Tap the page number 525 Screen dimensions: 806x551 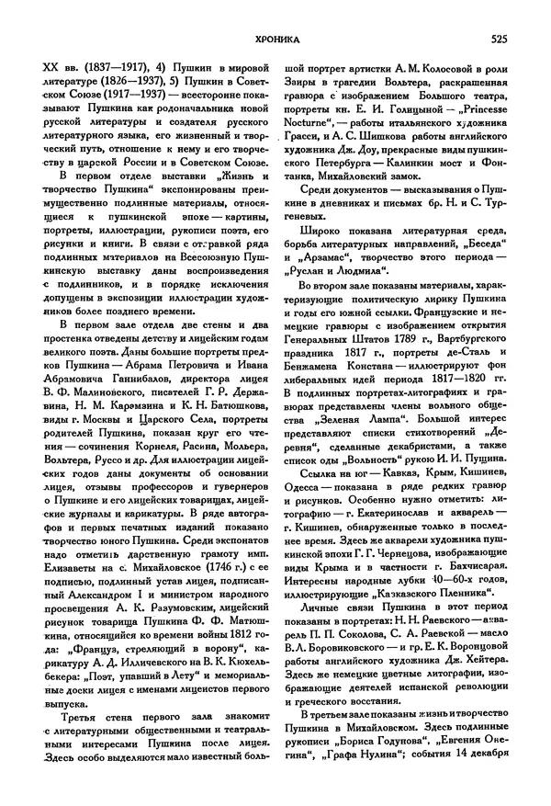pyautogui.click(x=500, y=39)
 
